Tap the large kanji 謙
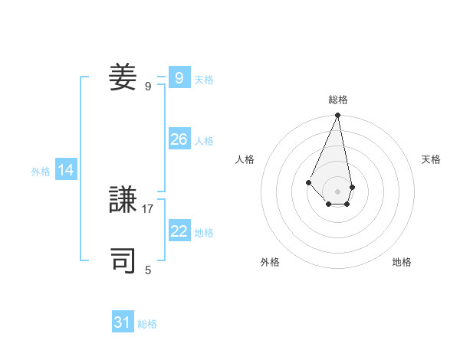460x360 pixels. (123, 201)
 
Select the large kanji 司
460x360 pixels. (123, 260)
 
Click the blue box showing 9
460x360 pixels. (179, 78)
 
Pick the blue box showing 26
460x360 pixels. (179, 139)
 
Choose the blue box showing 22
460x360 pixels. (179, 231)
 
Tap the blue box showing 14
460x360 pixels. (66, 171)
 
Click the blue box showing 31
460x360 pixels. (123, 322)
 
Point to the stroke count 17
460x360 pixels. (148, 208)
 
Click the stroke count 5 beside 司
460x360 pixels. (148, 270)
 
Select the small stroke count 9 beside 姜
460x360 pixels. (148, 86)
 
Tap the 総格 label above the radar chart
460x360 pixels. (338, 100)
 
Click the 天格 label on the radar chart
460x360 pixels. (432, 159)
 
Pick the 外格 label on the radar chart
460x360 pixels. (270, 262)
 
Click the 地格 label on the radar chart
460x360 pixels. (402, 262)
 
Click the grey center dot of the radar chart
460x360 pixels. (338, 191)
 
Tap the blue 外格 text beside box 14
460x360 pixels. (41, 172)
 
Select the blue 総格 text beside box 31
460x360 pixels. (147, 324)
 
